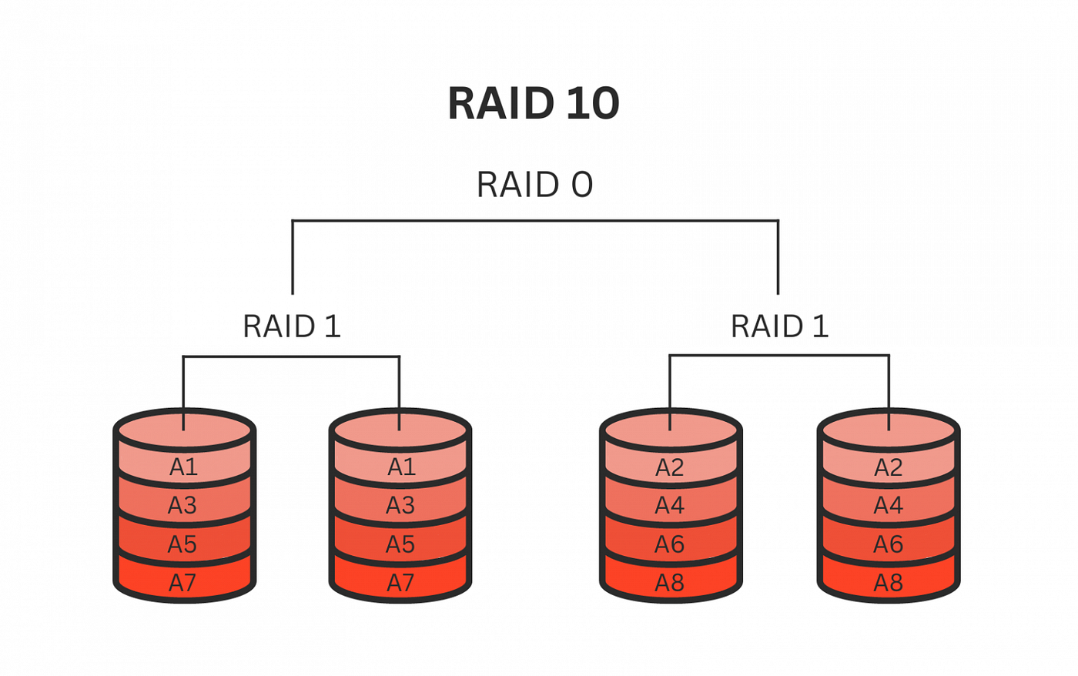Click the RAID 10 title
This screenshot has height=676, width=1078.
[534, 104]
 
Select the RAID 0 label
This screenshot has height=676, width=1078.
[534, 185]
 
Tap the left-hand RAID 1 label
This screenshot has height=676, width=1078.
[291, 326]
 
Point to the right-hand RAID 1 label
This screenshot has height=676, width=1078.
[779, 326]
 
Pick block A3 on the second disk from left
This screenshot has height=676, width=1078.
[400, 506]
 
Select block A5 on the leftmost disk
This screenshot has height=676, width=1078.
[183, 544]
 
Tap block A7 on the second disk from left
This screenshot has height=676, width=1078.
[400, 583]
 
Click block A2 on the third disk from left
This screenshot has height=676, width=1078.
[670, 467]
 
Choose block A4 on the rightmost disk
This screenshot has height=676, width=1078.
[888, 506]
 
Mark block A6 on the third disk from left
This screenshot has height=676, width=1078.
[670, 544]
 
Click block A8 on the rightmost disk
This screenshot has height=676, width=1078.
[888, 583]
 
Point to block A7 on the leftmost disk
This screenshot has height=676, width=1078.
[183, 583]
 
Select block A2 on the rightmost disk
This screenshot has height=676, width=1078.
[888, 467]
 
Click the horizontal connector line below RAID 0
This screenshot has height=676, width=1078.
[534, 221]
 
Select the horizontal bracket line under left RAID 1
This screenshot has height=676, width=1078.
[291, 356]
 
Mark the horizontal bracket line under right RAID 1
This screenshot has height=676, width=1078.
[779, 356]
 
